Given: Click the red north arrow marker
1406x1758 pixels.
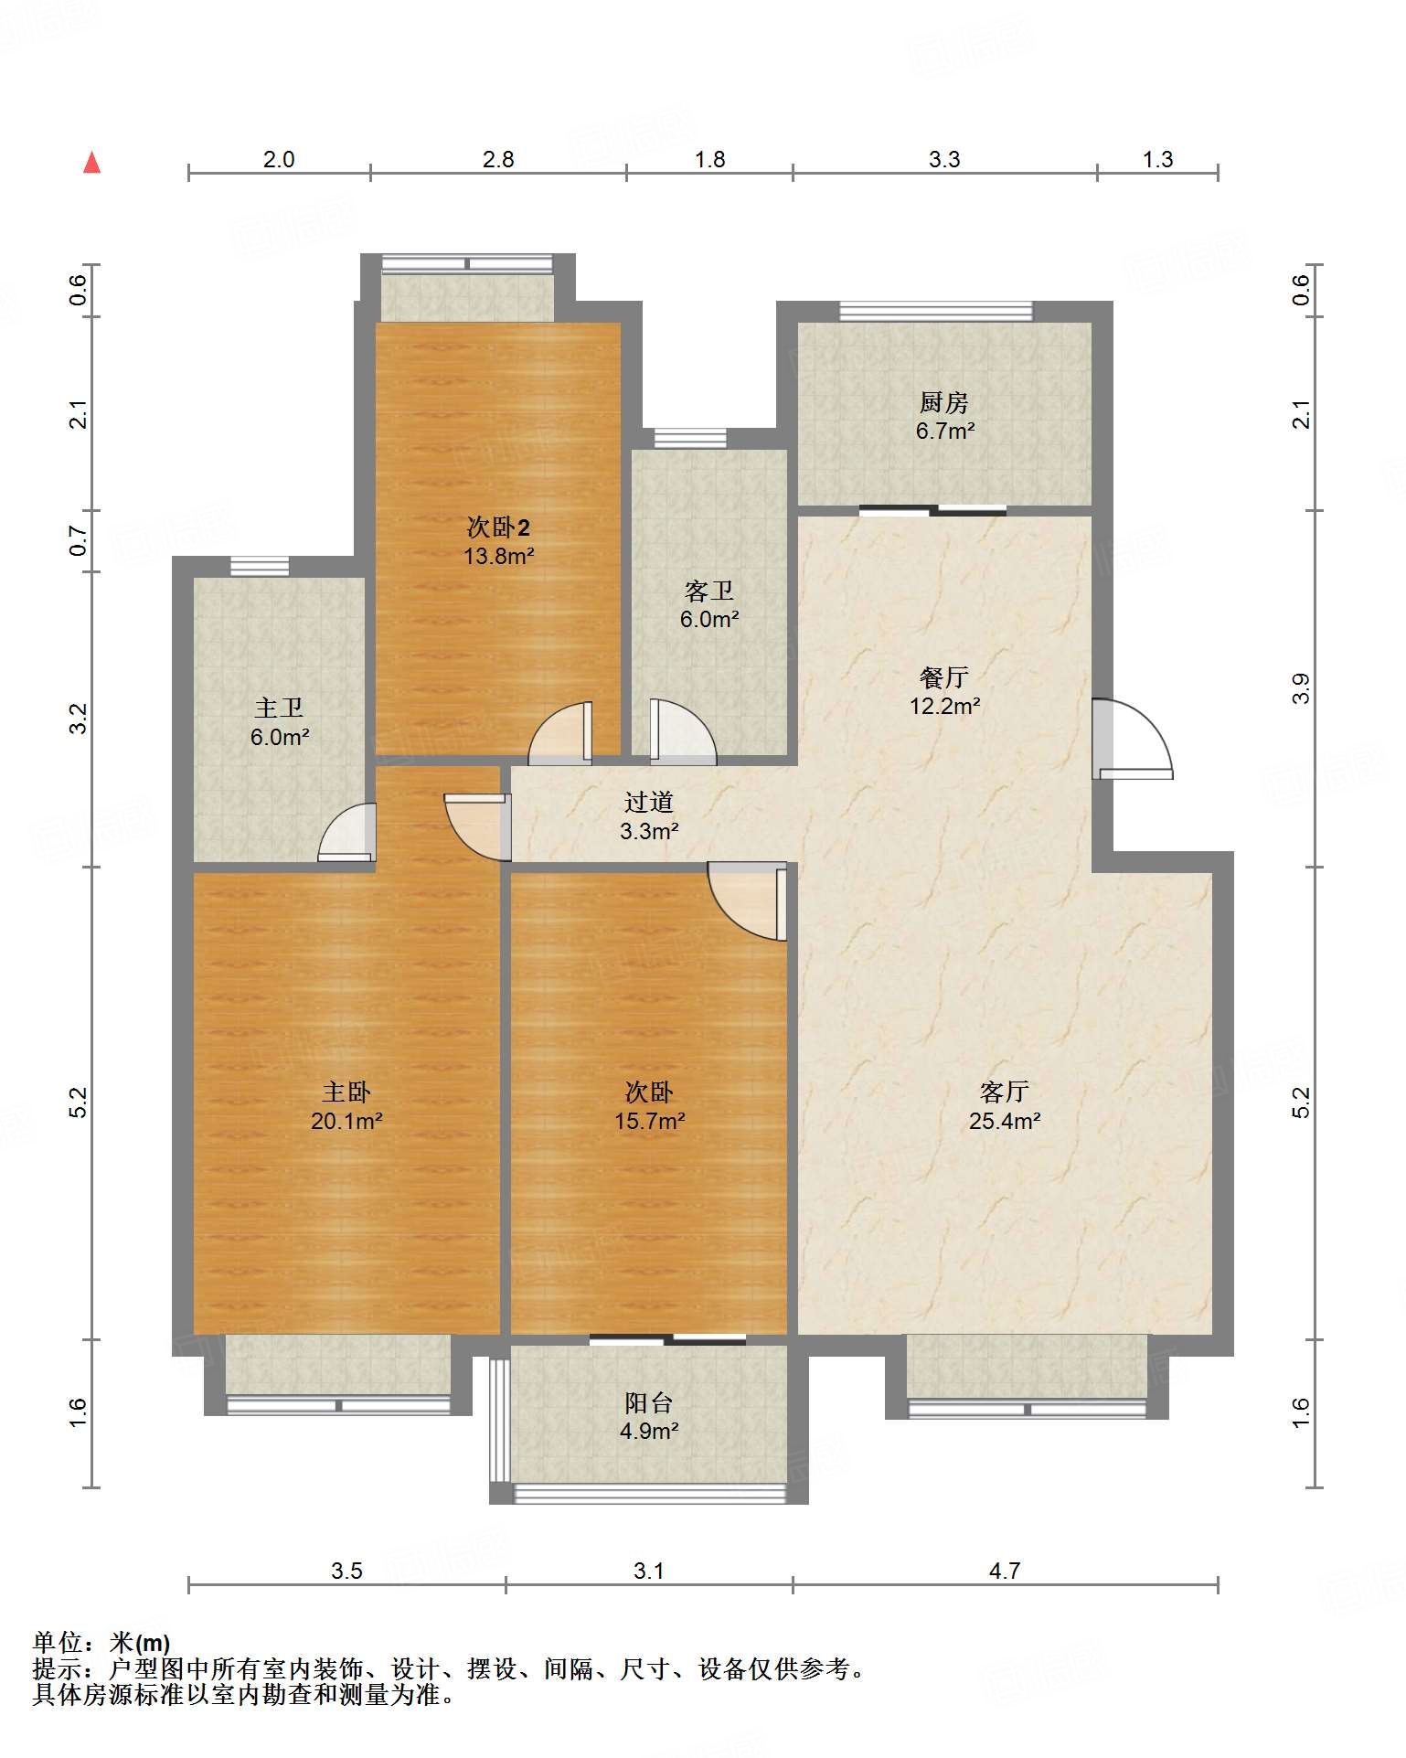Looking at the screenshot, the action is [91, 163].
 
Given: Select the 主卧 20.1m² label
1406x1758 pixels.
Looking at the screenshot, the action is [346, 1106].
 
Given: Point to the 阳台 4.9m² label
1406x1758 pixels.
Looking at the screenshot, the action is [649, 1416].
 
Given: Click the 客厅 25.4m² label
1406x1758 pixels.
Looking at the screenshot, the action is [1005, 1106].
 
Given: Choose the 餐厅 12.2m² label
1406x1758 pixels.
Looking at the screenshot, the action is [945, 691].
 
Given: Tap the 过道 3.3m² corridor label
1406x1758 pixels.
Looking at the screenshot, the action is [649, 816].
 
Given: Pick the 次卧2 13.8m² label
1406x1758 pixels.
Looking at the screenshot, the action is [499, 541].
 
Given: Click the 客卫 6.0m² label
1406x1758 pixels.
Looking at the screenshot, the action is [709, 605].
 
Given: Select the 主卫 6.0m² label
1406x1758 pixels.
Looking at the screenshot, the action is [280, 722].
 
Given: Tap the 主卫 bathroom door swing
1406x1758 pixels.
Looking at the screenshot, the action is [346, 832].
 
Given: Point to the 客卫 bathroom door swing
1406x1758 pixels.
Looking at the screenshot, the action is [683, 731].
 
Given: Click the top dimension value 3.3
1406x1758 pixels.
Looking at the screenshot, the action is [944, 160].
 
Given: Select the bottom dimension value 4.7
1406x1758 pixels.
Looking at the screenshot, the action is [1005, 1571].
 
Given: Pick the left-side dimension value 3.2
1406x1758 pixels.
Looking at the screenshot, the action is [79, 719].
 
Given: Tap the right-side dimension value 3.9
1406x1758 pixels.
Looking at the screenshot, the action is [1301, 688].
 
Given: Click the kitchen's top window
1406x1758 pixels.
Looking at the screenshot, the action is [936, 312].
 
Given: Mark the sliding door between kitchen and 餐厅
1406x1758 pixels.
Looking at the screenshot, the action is [932, 511].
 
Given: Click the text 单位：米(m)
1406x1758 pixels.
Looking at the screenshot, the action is [101, 1643].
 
